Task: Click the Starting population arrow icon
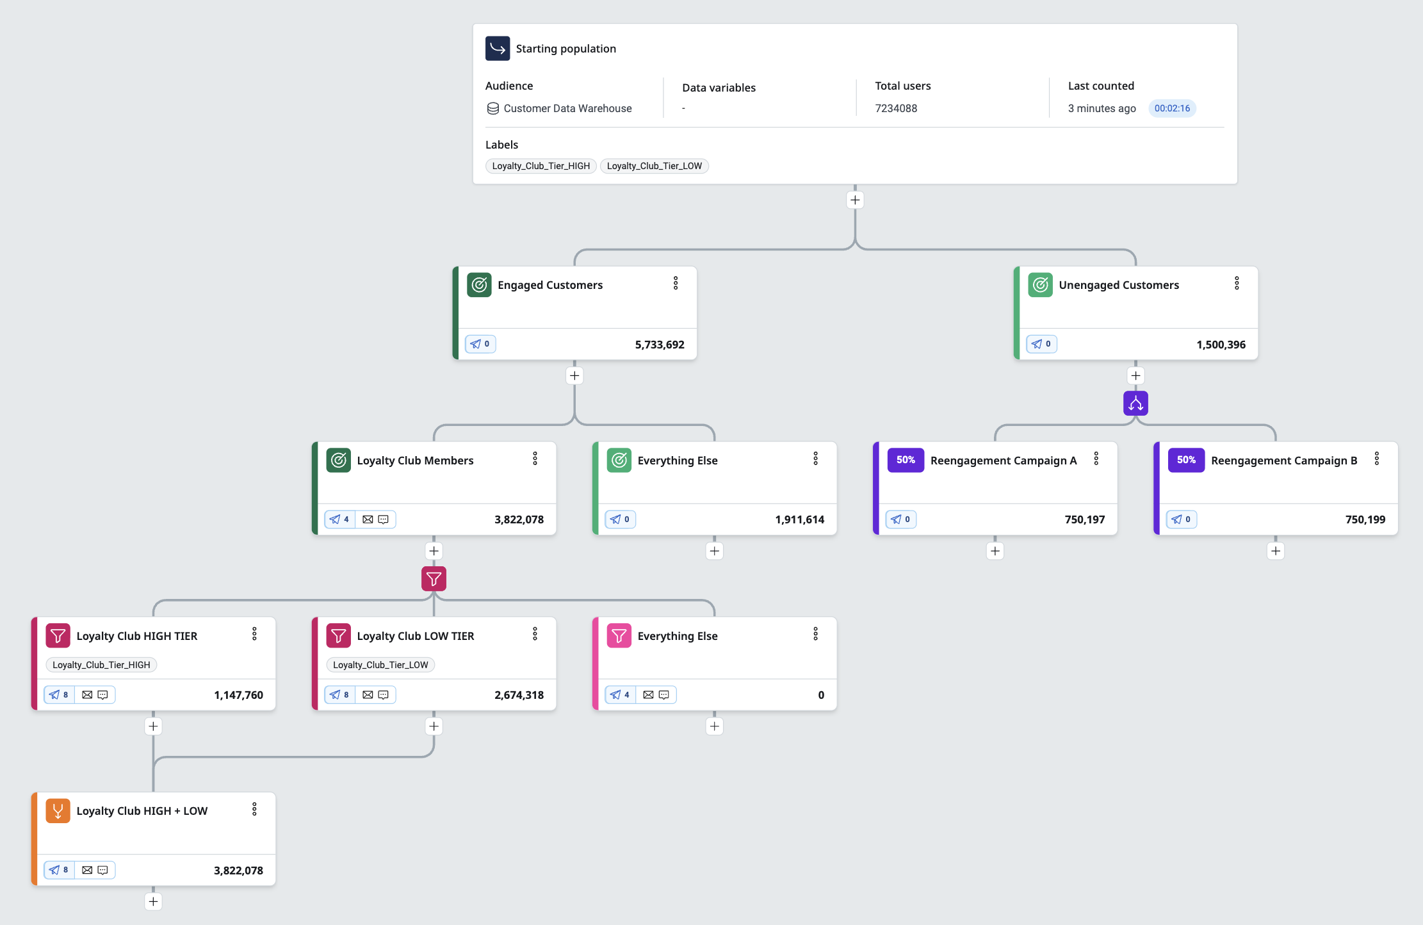point(498,49)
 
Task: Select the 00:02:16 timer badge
point(1172,108)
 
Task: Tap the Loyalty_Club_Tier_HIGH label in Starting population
point(541,166)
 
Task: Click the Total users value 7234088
point(896,108)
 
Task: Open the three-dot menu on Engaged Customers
point(676,283)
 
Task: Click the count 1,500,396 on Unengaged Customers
point(1221,345)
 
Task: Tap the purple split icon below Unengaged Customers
point(1135,404)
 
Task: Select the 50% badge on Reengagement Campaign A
point(906,460)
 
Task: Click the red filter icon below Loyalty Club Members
point(434,579)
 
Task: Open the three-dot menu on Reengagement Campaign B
point(1377,459)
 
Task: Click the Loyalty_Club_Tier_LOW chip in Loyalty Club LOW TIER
point(380,665)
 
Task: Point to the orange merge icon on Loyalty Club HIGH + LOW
point(58,811)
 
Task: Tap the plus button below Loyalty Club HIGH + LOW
point(153,902)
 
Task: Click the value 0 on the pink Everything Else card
point(821,695)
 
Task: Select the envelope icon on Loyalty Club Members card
point(368,520)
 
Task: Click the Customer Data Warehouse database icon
point(493,108)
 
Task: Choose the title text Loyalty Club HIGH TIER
point(137,636)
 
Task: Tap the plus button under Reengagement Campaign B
point(1276,551)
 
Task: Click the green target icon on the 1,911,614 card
point(619,460)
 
